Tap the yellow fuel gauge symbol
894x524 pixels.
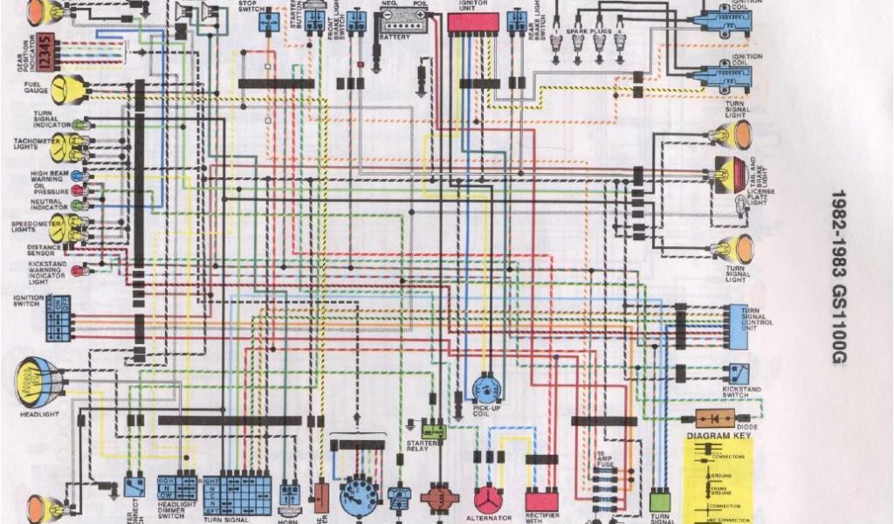pyautogui.click(x=67, y=88)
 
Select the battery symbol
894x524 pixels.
pyautogui.click(x=401, y=21)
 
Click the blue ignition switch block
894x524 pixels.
pyautogui.click(x=58, y=317)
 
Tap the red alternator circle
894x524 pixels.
pyautogui.click(x=488, y=499)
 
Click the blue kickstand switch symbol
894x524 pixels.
pyautogui.click(x=739, y=372)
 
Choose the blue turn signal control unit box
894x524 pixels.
pyautogui.click(x=733, y=325)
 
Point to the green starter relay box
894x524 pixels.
pyautogui.click(x=433, y=431)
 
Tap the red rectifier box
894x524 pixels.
pyautogui.click(x=541, y=500)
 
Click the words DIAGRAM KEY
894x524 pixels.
pyautogui.click(x=717, y=436)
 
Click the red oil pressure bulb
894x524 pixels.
pyautogui.click(x=78, y=190)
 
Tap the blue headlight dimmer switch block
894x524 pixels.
pyautogui.click(x=177, y=486)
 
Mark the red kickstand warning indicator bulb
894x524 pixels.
pyautogui.click(x=78, y=271)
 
